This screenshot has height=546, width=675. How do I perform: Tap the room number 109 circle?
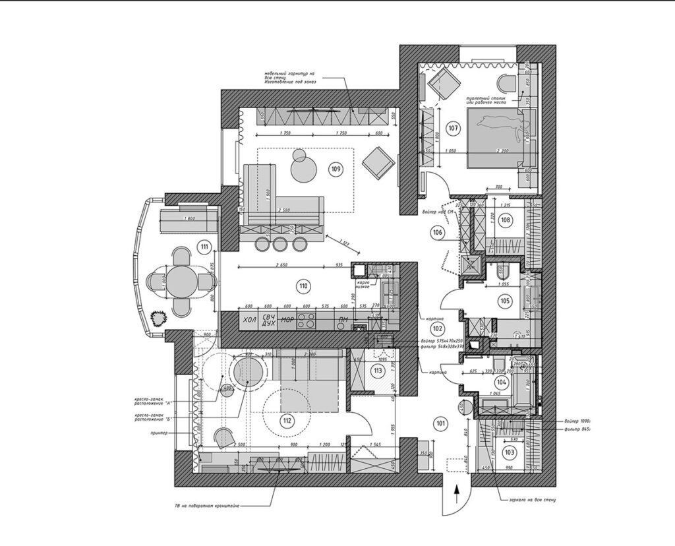pyautogui.click(x=336, y=169)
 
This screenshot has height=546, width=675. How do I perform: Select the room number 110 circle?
pyautogui.click(x=303, y=286)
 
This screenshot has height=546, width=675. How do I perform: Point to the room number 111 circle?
pyautogui.click(x=205, y=247)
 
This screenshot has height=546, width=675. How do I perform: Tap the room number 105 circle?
pyautogui.click(x=505, y=301)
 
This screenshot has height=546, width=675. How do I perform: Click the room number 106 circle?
pyautogui.click(x=437, y=232)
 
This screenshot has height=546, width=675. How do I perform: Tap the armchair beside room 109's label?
pyautogui.click(x=379, y=162)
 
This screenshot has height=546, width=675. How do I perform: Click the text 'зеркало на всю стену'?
pyautogui.click(x=528, y=501)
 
